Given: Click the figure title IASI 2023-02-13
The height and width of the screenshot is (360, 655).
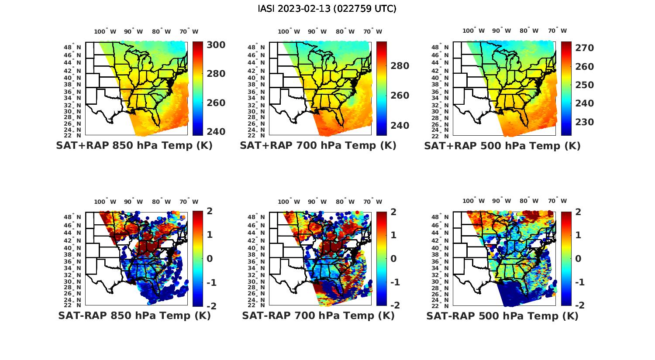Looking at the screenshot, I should tap(327, 9).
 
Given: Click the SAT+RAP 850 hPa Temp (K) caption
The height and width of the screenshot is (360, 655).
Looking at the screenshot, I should tap(134, 146).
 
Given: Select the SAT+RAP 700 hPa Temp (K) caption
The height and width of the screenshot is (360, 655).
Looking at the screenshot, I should tap(318, 146).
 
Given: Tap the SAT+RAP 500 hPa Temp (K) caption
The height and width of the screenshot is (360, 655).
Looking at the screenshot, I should tap(502, 146).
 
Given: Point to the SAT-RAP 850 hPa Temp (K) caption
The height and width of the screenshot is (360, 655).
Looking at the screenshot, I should tap(134, 316).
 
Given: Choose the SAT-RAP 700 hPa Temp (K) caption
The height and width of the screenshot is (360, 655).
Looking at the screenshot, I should tap(318, 316).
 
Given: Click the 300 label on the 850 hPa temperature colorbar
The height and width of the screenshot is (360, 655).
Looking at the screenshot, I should tap(216, 45).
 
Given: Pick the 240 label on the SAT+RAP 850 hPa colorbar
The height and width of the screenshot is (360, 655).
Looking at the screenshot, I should tap(216, 132).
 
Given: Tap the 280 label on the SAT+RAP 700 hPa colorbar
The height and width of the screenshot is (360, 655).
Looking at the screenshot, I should tap(400, 66).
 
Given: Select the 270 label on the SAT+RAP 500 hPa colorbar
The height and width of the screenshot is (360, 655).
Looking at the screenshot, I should tap(584, 48).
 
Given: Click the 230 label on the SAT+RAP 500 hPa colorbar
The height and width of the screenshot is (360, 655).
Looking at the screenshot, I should tap(584, 122).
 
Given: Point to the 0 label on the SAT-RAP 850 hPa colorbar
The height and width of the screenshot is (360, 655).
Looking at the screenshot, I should tap(210, 259).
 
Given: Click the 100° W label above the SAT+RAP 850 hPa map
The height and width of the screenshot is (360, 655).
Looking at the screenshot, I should tap(105, 31).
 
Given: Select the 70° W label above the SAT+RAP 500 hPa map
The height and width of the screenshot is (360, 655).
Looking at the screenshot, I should tap(557, 31).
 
